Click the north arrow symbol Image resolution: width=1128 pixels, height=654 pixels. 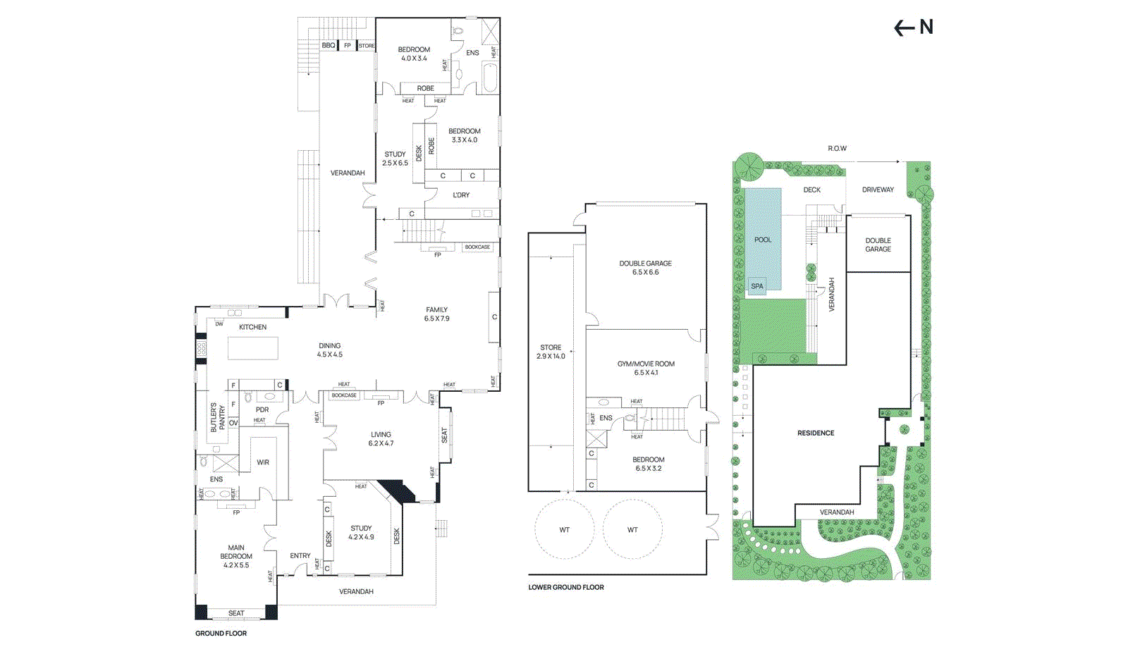coord(913,27)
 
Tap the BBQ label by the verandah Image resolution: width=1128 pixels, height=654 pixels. coord(329,45)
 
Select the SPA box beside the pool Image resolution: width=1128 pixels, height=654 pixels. coord(757,286)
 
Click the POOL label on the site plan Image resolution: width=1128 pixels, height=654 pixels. coord(763,240)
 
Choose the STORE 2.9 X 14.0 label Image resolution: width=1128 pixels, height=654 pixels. coord(551,352)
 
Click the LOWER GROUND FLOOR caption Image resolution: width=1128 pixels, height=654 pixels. coord(566,587)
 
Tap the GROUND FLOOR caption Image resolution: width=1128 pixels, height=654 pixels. coord(221,634)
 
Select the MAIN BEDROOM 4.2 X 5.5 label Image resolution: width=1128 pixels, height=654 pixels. coord(236,556)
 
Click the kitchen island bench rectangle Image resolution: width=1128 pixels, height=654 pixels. coord(253,348)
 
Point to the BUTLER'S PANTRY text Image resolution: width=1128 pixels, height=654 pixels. coord(218,418)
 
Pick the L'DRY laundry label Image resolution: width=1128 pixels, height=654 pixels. coord(461,195)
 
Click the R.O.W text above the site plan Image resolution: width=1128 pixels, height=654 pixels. coord(837,149)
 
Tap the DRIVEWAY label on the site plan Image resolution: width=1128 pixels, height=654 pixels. coord(878,190)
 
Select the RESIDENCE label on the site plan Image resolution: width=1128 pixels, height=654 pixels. coord(816,433)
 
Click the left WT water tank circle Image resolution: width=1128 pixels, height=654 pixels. coord(564,529)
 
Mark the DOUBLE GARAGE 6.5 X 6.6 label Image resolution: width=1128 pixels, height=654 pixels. coord(646,268)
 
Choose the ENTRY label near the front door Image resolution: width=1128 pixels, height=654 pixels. coord(300,556)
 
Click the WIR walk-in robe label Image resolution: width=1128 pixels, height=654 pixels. coord(263,463)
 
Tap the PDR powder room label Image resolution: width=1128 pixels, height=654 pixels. coord(262,409)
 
